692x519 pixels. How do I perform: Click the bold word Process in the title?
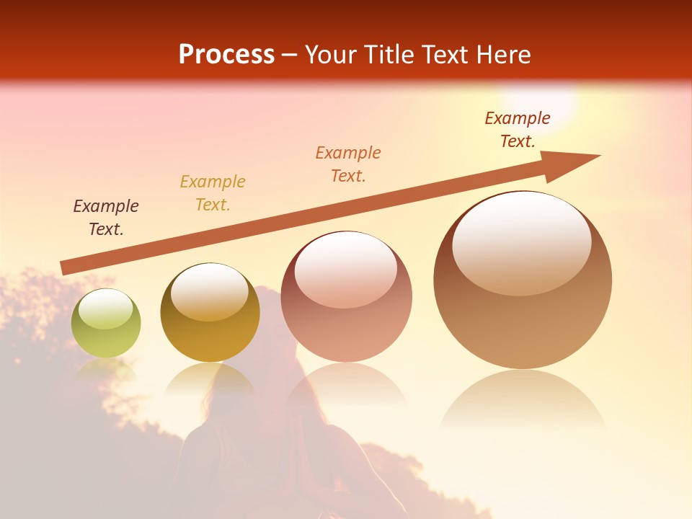(226, 55)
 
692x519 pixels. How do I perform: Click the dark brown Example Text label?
(106, 218)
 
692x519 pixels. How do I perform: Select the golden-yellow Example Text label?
(213, 193)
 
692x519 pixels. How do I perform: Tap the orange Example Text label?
(348, 164)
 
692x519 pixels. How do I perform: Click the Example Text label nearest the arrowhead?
(517, 130)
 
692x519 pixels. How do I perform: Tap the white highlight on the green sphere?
(105, 309)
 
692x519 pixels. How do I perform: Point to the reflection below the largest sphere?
(523, 400)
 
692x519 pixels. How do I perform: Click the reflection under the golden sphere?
(210, 378)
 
